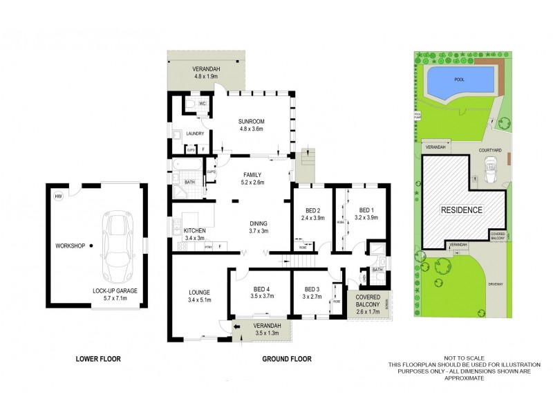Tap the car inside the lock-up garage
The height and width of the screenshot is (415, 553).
click(x=118, y=243)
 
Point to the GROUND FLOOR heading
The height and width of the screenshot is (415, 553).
click(x=286, y=359)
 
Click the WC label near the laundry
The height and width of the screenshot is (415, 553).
click(x=203, y=104)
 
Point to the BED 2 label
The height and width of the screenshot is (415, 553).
click(x=312, y=211)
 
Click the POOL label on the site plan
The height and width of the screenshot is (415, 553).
click(x=459, y=80)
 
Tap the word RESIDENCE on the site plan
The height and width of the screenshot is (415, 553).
click(x=462, y=210)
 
